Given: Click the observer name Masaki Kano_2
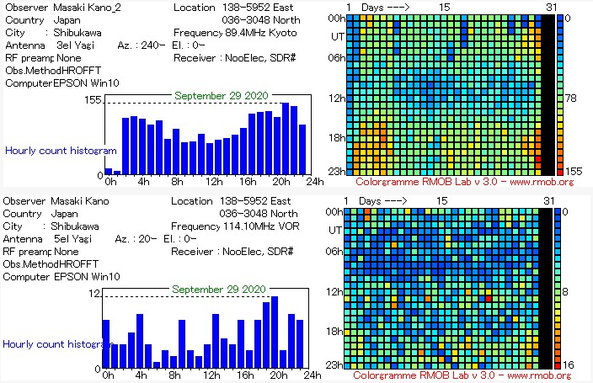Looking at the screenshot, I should pyautogui.click(x=88, y=8).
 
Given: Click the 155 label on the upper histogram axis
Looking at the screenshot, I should pyautogui.click(x=92, y=100).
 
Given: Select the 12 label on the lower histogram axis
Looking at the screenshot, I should pyautogui.click(x=96, y=293).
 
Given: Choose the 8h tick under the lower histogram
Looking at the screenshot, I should pyautogui.click(x=174, y=375).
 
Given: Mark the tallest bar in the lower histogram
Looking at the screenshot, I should pyautogui.click(x=275, y=333).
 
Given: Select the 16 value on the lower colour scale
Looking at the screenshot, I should pyautogui.click(x=569, y=364).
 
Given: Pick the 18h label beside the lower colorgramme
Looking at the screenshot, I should pyautogui.click(x=334, y=332).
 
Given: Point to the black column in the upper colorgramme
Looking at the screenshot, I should pyautogui.click(x=547, y=93).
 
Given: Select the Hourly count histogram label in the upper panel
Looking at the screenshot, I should pyautogui.click(x=61, y=151).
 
